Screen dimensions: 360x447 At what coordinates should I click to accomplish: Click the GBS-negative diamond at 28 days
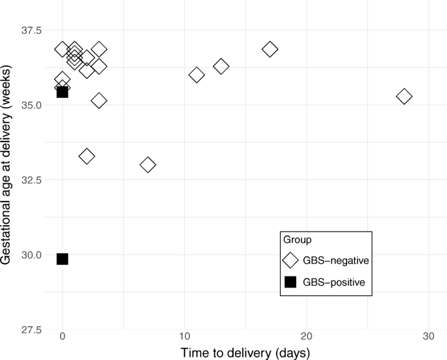[x=404, y=97]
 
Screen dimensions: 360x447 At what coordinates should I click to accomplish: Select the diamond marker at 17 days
[x=270, y=49]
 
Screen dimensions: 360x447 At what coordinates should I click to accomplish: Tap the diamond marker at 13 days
[x=221, y=67]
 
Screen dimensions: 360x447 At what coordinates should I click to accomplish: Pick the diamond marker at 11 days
[x=196, y=75]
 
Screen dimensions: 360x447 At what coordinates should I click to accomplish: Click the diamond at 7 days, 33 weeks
[x=148, y=164]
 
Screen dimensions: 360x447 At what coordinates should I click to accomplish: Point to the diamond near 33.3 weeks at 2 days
[x=87, y=156]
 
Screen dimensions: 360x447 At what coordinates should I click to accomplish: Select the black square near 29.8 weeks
[x=63, y=259]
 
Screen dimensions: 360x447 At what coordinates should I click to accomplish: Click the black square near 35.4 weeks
[x=63, y=92]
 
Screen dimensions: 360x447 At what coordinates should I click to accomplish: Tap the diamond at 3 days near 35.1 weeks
[x=99, y=100]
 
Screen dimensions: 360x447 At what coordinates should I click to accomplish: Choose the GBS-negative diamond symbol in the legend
[x=290, y=260]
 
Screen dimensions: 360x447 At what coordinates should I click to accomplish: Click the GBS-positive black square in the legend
[x=290, y=282]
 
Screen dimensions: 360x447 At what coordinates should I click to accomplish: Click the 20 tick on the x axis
[x=306, y=337]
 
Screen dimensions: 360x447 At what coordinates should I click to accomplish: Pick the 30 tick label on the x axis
[x=428, y=337]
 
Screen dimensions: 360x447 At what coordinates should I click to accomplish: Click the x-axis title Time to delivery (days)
[x=245, y=352]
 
